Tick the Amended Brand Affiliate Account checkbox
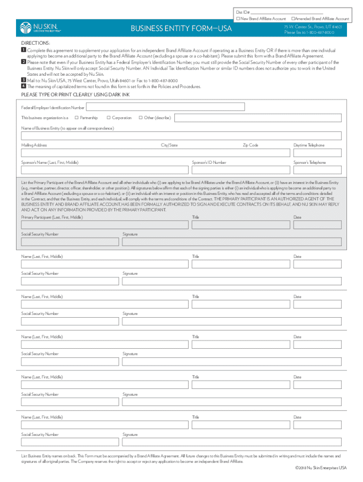coord(293,18)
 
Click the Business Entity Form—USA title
coord(181,30)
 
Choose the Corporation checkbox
coord(108,117)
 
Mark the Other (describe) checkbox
coord(140,117)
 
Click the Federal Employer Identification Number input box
coord(165,107)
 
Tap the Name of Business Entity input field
coord(181,136)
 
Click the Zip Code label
coord(250,145)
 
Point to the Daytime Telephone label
coord(309,145)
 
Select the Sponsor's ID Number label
coord(209,162)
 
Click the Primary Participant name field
coord(105,225)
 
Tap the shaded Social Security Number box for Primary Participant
coord(70,241)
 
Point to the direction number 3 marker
coord(24,80)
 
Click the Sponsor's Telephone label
coord(309,162)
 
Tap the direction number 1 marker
coord(24,50)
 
